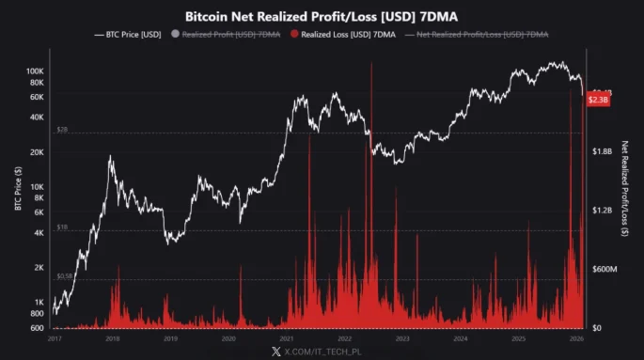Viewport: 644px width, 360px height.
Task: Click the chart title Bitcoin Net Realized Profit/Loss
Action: [x=321, y=16]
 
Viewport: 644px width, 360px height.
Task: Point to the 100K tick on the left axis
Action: [x=35, y=71]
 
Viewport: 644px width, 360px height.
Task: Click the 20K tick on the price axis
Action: [x=37, y=152]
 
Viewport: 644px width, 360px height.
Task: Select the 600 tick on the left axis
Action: [x=37, y=327]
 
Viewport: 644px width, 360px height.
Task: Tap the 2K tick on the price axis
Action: [x=39, y=268]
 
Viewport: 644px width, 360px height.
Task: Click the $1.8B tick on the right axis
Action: [x=604, y=150]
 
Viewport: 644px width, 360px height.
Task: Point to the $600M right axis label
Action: [x=605, y=269]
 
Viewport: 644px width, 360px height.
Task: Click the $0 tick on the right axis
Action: [x=598, y=327]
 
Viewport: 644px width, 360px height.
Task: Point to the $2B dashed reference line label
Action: [x=62, y=130]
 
